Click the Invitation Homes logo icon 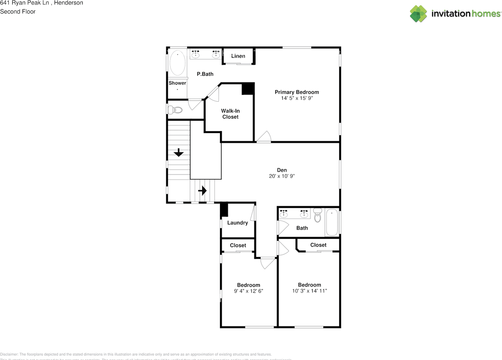[x=418, y=14]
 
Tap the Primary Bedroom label [x=296, y=92]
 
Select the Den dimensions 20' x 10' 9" [x=282, y=176]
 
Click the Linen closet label [x=238, y=56]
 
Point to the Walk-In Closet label [x=230, y=114]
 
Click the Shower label [x=177, y=83]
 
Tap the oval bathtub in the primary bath [x=177, y=63]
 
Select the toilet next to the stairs [x=175, y=110]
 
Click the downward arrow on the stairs [x=179, y=152]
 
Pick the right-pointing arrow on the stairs [x=202, y=191]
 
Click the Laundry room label [x=237, y=223]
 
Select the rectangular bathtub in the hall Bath [x=332, y=222]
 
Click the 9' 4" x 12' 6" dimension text [x=248, y=291]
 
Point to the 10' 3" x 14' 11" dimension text [x=309, y=291]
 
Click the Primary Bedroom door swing [x=264, y=137]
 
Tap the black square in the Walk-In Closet [x=248, y=89]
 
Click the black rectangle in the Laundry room [x=224, y=210]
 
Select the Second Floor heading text [x=18, y=11]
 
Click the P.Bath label [x=205, y=74]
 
